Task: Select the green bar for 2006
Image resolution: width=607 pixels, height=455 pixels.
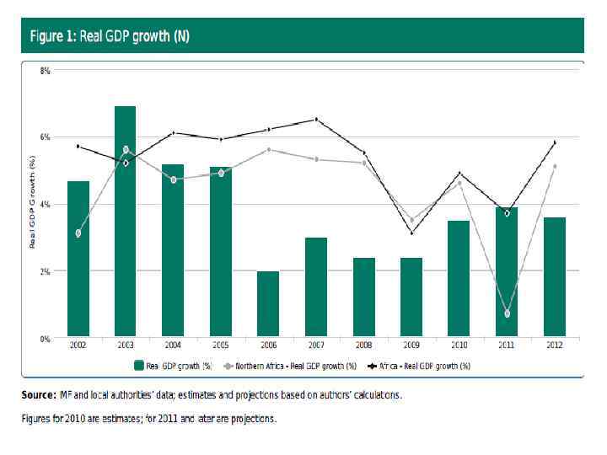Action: coord(267,304)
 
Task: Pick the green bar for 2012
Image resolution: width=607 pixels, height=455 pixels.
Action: coord(554,277)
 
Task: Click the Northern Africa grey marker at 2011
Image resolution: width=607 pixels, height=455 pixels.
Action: coord(507,313)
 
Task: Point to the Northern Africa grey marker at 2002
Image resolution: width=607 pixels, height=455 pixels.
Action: coord(78,233)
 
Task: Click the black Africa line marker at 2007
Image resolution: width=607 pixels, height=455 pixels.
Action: coord(316,120)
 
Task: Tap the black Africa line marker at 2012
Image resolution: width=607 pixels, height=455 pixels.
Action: coord(554,142)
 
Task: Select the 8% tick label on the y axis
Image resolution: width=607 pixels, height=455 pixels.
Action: coord(46,71)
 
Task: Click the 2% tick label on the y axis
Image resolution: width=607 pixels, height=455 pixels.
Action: coord(46,271)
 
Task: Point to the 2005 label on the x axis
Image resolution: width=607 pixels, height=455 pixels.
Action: coord(220,346)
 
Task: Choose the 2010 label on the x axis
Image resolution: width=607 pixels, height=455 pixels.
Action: coord(459,346)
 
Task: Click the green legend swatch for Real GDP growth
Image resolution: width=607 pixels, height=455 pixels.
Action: coord(140,367)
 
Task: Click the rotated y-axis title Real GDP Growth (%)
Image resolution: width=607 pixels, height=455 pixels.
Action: coord(32,203)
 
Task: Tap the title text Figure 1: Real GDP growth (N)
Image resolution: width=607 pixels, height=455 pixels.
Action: coord(110,37)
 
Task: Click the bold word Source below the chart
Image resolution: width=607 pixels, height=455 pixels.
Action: coord(38,395)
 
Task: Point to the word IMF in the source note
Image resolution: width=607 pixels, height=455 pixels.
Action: coord(68,395)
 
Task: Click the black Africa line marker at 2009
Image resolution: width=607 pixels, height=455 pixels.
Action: coord(411,233)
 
